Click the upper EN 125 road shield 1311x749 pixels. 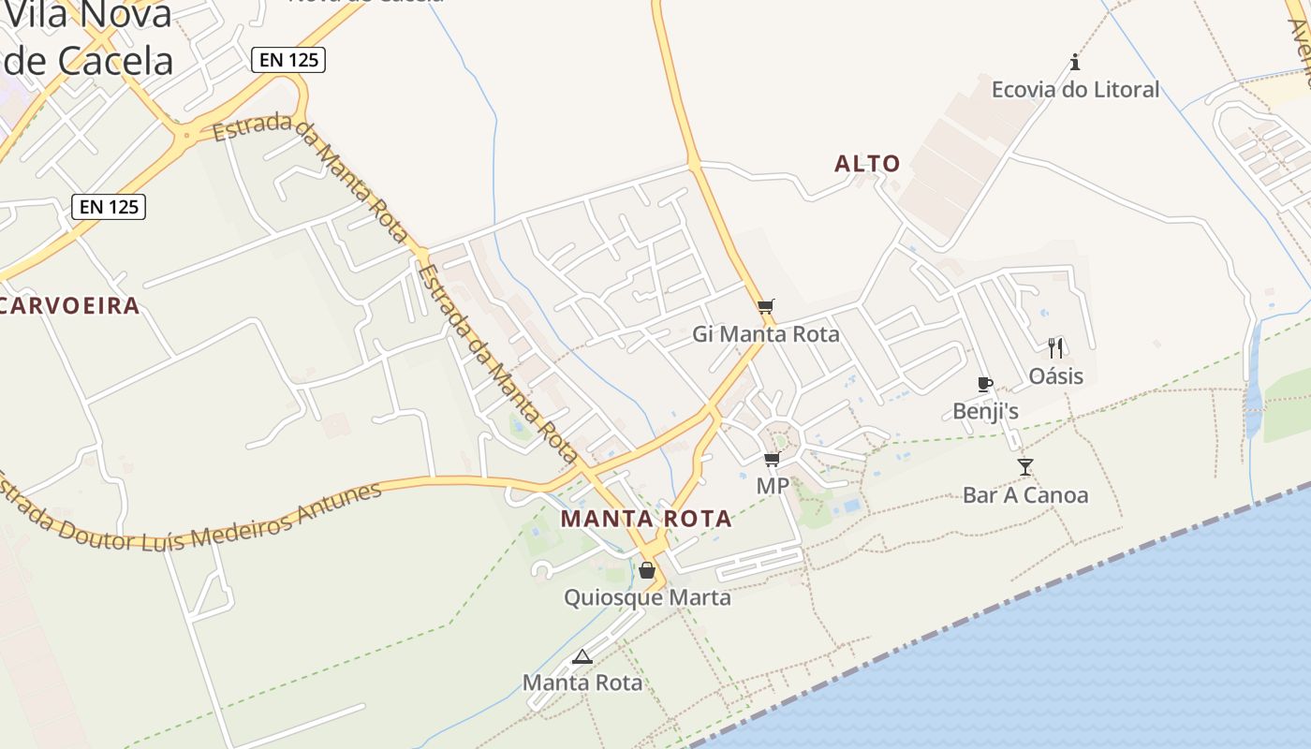[x=287, y=60]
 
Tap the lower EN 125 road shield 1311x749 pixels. [x=109, y=206]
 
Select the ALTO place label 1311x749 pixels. [x=867, y=164]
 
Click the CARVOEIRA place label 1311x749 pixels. [x=70, y=305]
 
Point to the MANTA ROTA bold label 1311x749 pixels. [x=645, y=519]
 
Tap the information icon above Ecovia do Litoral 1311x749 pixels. [x=1075, y=63]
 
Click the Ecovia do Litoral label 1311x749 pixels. [x=1075, y=90]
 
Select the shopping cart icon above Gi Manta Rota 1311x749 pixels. [x=766, y=306]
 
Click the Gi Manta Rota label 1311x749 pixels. [x=766, y=334]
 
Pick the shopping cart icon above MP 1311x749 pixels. [x=773, y=459]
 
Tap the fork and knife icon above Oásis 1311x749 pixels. [x=1055, y=348]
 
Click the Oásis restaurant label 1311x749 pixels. [x=1055, y=376]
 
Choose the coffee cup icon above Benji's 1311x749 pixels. [x=984, y=384]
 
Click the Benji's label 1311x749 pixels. [x=985, y=411]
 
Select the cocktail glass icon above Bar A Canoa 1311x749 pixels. [x=1025, y=466]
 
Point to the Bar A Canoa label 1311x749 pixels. [x=1025, y=494]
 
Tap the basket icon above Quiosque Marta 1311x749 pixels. [x=646, y=570]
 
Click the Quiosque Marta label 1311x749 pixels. [x=647, y=597]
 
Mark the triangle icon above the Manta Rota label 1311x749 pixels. [x=582, y=656]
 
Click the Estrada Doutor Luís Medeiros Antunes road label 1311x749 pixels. [x=192, y=518]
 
